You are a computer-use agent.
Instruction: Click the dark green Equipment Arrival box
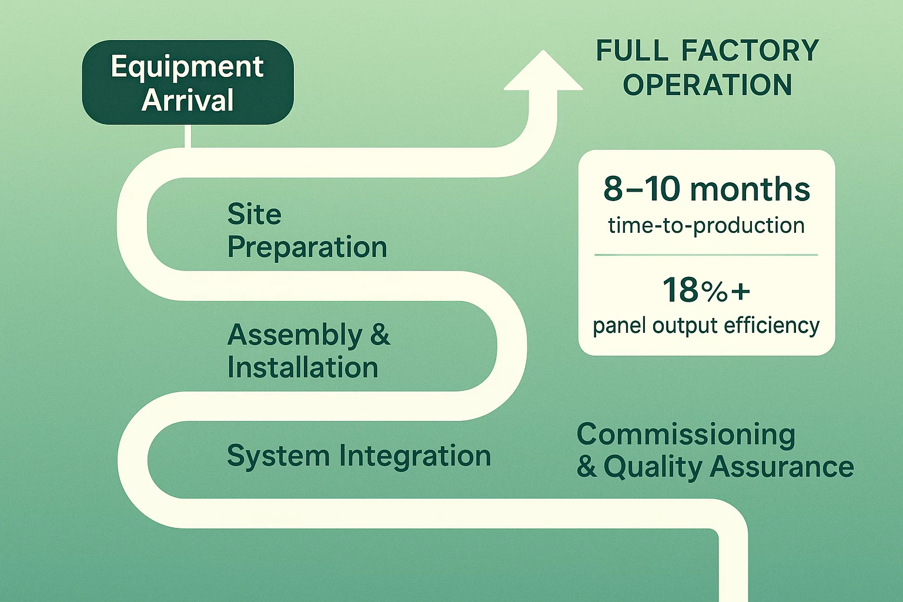click(188, 82)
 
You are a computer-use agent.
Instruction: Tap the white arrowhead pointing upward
click(543, 73)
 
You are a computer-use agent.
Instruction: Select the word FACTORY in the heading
click(750, 51)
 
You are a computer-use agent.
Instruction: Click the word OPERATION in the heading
click(707, 85)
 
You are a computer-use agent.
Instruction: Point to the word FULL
click(632, 51)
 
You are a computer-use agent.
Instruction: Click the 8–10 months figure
click(707, 189)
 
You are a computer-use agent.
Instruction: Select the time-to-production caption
click(706, 225)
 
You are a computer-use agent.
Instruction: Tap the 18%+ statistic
click(706, 290)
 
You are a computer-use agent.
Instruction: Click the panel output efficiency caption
click(706, 326)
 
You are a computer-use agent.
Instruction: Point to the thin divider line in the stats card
click(706, 255)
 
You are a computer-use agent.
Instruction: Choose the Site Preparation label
click(307, 230)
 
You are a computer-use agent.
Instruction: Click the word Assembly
click(295, 335)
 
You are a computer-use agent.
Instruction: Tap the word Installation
click(303, 368)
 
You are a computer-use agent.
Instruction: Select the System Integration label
click(359, 456)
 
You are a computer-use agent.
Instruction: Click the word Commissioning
click(685, 435)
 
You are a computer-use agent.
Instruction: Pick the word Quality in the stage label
click(653, 468)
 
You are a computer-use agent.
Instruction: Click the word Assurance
click(781, 467)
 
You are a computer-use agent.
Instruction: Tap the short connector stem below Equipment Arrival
click(188, 136)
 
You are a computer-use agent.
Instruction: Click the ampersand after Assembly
click(380, 335)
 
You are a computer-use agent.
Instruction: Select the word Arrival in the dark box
click(188, 100)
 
